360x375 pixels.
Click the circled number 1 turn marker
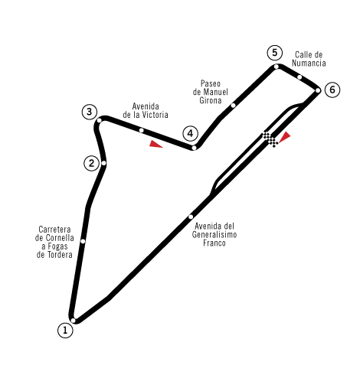tap(65, 331)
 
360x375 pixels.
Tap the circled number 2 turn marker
tap(91, 163)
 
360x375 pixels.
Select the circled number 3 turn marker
tap(90, 112)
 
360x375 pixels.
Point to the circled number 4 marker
tap(190, 133)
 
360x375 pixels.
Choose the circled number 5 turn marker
tap(274, 53)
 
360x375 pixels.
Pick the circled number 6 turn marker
tap(332, 90)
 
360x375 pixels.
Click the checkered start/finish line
tap(270, 139)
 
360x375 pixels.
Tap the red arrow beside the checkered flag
tap(285, 137)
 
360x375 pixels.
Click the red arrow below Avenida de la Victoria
tap(155, 144)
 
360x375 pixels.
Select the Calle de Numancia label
tap(309, 59)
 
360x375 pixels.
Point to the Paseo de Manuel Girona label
tap(211, 92)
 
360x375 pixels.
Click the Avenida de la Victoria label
tap(146, 111)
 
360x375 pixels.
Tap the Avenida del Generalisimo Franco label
tap(214, 234)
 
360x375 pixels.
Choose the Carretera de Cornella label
tap(54, 242)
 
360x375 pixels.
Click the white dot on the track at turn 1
tap(74, 321)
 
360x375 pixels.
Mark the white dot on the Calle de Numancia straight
tap(299, 77)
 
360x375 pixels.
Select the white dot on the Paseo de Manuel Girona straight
tap(233, 106)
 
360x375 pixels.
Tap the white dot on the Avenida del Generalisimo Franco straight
tap(191, 217)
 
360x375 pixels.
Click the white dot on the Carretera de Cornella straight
tap(83, 241)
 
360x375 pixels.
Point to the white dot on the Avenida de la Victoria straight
tap(141, 130)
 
